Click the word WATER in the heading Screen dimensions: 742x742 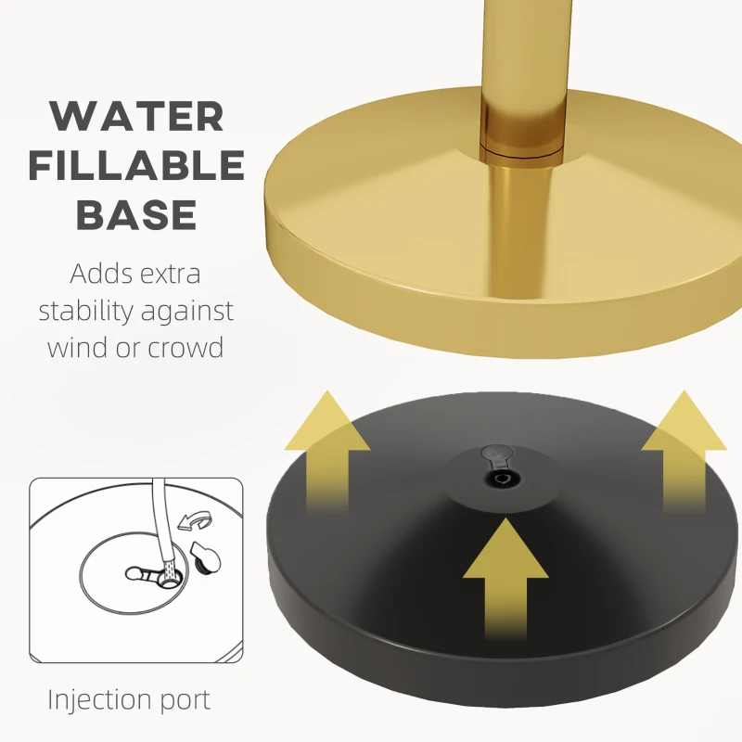(136, 117)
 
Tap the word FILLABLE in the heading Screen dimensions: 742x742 (136, 165)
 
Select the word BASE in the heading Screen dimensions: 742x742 (136, 214)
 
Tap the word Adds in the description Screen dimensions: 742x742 (98, 274)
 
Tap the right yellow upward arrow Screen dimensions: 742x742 (684, 451)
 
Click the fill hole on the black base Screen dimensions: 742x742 (500, 479)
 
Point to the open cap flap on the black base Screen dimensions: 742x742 (495, 454)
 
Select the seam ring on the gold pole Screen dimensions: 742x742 (522, 152)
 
